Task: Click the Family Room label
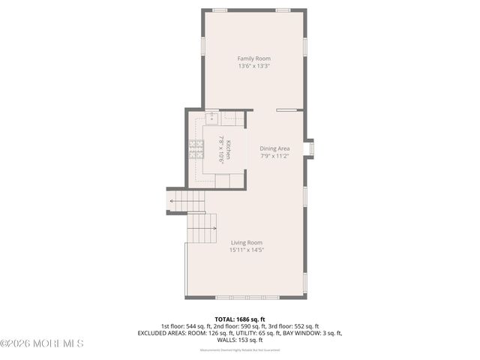pos(253,58)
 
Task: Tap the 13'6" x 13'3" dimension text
pos(253,66)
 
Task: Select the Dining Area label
pos(274,148)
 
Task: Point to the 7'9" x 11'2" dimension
pos(274,156)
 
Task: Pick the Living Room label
pos(246,242)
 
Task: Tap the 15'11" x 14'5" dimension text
pos(246,250)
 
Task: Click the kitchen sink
pos(210,117)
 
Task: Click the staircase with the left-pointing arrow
pos(187,201)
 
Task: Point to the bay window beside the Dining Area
pos(309,148)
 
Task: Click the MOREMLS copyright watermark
pos(42,343)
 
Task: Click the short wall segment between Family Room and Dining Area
pos(286,110)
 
